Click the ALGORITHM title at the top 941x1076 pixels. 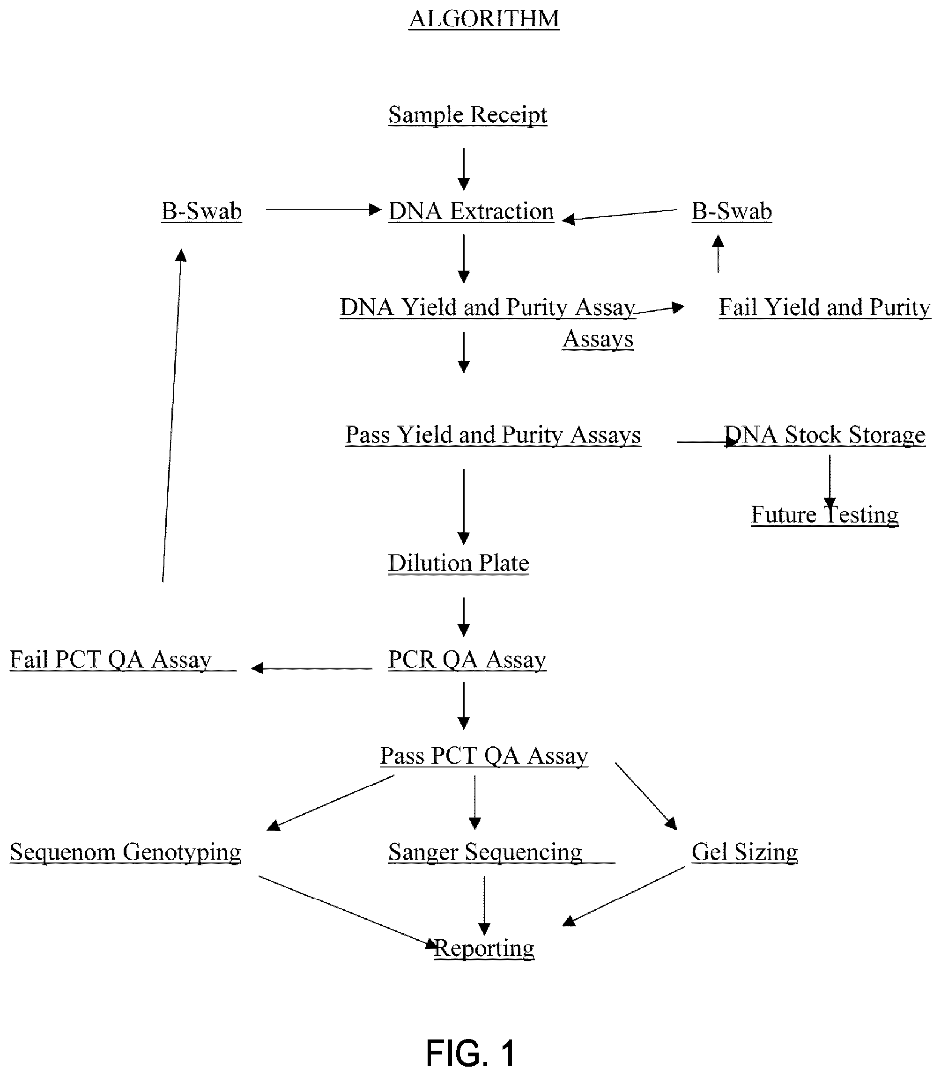pos(484,19)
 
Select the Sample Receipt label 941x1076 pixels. pos(468,115)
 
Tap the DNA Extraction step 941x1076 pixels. pos(471,211)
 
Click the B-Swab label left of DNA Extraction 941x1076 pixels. pos(201,211)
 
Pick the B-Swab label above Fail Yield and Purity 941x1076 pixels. pos(732,211)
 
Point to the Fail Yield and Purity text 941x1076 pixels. pos(824,307)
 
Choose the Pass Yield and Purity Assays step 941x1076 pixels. pos(493,435)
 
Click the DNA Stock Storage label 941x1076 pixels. pos(824,435)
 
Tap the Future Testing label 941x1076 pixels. pos(824,515)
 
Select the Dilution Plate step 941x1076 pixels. pos(459,563)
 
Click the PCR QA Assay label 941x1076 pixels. pos(467,660)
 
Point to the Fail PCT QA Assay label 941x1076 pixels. pos(111,660)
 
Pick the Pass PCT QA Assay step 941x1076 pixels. pos(484,756)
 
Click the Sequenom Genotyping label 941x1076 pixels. pos(125,852)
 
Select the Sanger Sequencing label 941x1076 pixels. pos(485,852)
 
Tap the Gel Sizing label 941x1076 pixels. pos(745,852)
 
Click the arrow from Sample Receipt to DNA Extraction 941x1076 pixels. pos(464,170)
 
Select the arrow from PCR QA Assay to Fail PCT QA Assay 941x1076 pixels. pos(312,668)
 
